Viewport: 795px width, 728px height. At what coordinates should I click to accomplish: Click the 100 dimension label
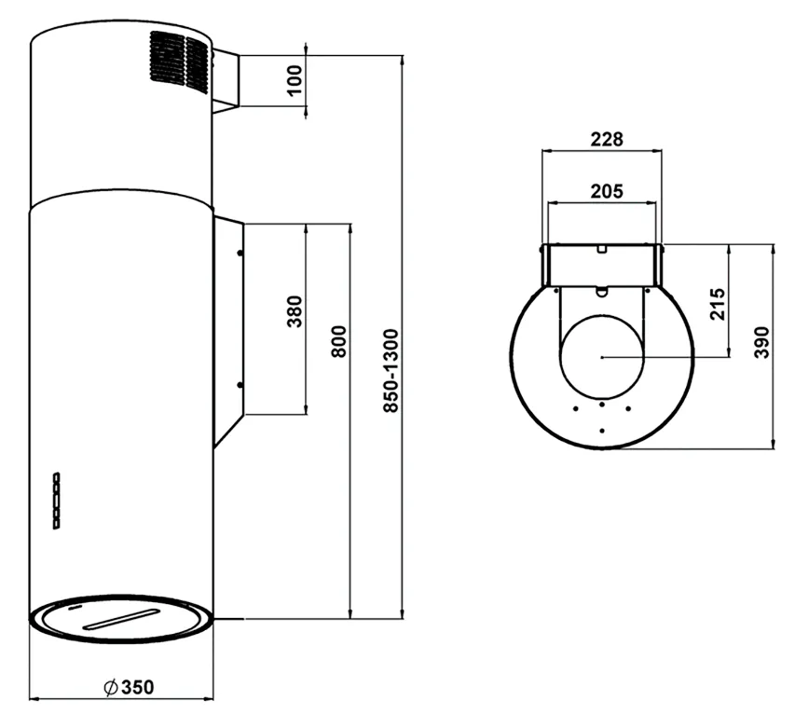[295, 79]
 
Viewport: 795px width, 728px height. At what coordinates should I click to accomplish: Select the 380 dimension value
[295, 311]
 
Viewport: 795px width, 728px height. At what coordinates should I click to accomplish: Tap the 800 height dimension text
[338, 341]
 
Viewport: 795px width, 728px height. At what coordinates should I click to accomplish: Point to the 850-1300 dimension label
[391, 371]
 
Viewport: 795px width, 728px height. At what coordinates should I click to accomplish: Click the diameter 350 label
[129, 687]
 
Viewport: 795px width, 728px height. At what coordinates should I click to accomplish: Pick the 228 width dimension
[607, 139]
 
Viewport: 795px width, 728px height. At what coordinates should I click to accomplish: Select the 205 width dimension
[607, 191]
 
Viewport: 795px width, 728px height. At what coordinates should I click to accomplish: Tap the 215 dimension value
[718, 304]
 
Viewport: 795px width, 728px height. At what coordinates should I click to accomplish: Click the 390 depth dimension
[761, 342]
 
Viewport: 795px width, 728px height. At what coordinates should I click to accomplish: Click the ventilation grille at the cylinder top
[179, 62]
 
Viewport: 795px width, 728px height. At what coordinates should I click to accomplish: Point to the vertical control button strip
[56, 501]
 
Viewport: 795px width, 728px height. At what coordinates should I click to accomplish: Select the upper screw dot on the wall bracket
[240, 253]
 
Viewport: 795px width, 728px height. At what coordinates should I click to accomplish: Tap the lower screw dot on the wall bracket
[240, 385]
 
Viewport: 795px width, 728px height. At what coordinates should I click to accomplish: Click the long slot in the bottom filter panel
[123, 619]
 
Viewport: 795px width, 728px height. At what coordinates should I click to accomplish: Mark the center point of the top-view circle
[602, 357]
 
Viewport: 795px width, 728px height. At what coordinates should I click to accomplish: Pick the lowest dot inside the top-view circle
[602, 431]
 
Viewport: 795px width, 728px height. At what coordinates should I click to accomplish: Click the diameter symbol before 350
[111, 687]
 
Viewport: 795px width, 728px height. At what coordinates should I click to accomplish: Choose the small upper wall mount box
[226, 81]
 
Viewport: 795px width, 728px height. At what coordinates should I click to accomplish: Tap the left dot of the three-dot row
[576, 408]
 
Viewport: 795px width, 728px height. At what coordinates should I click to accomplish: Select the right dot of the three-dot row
[628, 408]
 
